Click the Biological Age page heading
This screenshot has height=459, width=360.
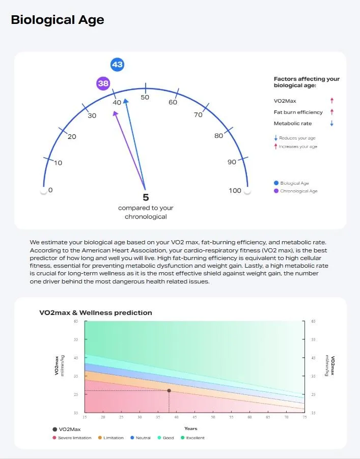tap(58, 20)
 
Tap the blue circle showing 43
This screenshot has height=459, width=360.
tap(117, 65)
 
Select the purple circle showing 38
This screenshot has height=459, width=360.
tap(103, 83)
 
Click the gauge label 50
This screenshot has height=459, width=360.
tap(145, 97)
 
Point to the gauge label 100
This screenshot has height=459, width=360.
tap(235, 191)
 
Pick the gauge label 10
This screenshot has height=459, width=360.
tap(58, 163)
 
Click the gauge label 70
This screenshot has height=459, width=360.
tap(198, 115)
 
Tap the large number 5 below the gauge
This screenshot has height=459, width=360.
tap(146, 197)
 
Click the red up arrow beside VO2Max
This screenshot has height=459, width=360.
tap(331, 101)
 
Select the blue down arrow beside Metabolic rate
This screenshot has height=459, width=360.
tap(331, 124)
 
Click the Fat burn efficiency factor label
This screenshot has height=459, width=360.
tap(298, 112)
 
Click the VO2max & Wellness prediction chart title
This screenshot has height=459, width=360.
tap(96, 312)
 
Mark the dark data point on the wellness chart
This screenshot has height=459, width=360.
tap(169, 391)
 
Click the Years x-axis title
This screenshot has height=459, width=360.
tap(190, 428)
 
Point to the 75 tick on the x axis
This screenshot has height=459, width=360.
tap(304, 417)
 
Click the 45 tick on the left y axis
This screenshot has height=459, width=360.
tap(75, 358)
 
